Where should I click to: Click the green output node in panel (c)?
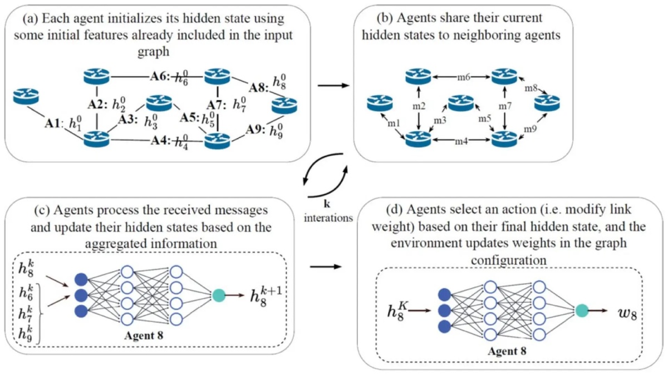click(x=219, y=294)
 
